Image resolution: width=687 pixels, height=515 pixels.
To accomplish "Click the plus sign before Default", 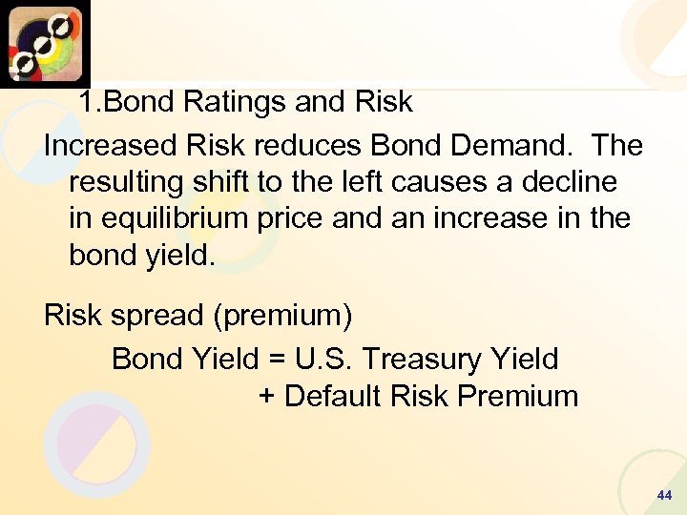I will [x=267, y=396].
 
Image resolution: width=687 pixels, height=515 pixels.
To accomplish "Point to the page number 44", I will [x=665, y=496].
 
